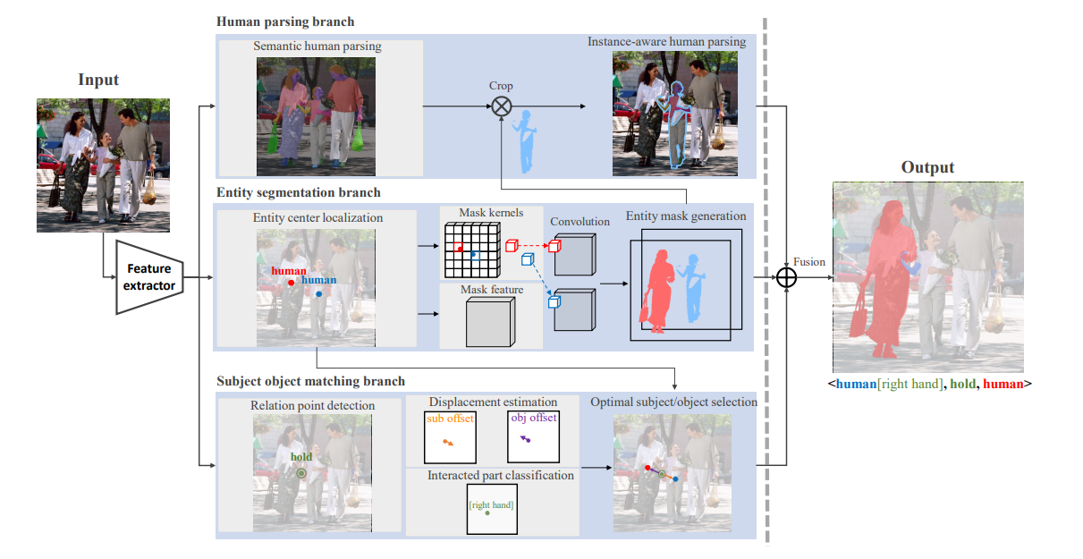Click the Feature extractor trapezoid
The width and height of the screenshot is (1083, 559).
[x=149, y=276]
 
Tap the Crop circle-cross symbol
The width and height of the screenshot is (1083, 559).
[x=502, y=106]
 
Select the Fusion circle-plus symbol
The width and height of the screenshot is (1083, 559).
[x=785, y=277]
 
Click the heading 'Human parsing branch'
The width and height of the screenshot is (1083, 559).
[x=284, y=21]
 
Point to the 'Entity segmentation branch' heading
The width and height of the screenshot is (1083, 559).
[x=298, y=192]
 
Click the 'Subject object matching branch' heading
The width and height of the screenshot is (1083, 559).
[x=310, y=381]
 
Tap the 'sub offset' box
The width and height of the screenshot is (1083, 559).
[x=450, y=436]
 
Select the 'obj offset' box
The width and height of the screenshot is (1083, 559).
[x=533, y=436]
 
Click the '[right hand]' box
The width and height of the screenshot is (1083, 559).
[x=491, y=509]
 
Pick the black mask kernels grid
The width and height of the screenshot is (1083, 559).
[x=470, y=250]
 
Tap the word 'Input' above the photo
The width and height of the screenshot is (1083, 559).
[x=98, y=80]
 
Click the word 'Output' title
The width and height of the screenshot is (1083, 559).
[x=927, y=167]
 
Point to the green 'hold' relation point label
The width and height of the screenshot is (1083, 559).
[x=300, y=457]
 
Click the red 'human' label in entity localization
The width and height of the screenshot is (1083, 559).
[x=288, y=271]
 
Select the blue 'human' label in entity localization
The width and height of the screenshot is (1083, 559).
[x=318, y=280]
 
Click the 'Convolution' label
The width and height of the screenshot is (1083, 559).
[x=580, y=222]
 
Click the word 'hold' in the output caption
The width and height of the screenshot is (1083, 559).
[x=961, y=384]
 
